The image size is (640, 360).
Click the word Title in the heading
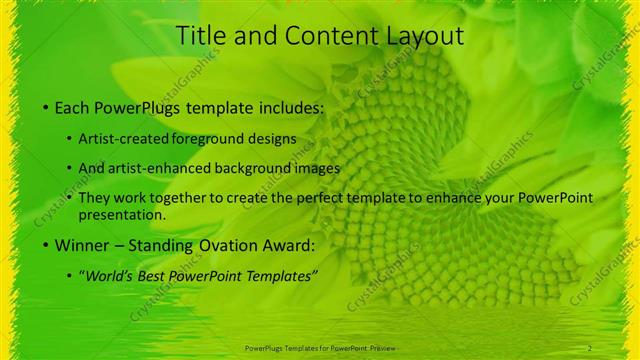198,36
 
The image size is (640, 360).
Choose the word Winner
81,244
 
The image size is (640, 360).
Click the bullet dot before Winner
47,245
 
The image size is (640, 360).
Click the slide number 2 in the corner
590,348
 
